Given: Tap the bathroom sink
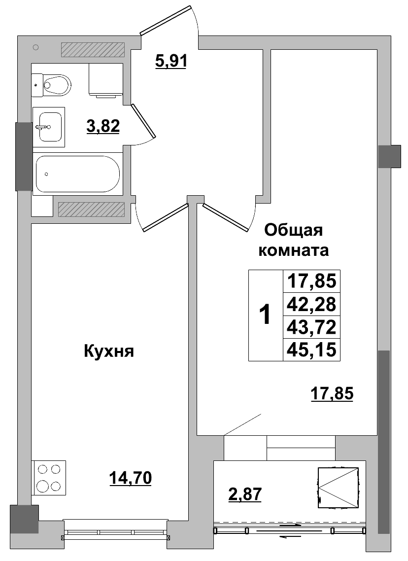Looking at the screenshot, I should point(49,127).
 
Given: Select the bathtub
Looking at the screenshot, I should point(77,174).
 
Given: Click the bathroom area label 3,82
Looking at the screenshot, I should point(103,127).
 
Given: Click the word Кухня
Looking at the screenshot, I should point(109,351).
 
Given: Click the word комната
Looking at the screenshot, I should point(294,250).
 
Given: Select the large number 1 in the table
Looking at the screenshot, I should point(265,315).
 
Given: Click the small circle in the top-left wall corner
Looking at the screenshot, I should point(35,47).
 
